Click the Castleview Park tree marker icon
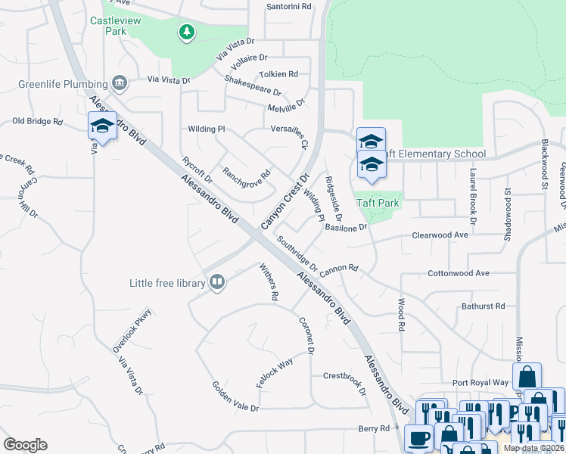coord(186,33)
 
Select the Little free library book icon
coord(217,283)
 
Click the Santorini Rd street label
coord(289,7)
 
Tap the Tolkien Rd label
coord(278,74)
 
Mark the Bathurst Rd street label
coord(483,306)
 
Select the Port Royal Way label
coord(480,383)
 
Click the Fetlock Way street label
coord(274,373)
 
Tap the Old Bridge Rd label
coord(37,121)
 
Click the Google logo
coord(25,445)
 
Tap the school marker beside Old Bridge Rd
coord(101,126)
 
